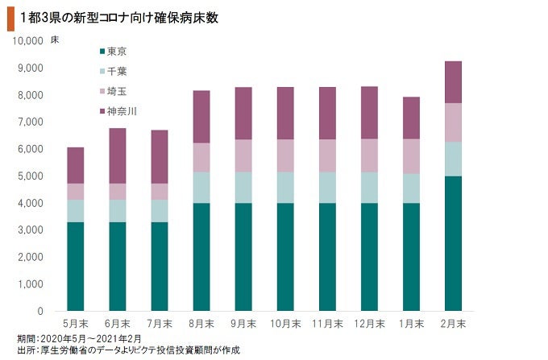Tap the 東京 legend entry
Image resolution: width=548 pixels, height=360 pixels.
(x=117, y=51)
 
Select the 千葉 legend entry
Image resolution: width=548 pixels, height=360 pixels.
(x=117, y=71)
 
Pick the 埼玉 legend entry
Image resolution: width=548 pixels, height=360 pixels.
(x=117, y=91)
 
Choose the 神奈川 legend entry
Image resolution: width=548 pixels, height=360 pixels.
(x=122, y=111)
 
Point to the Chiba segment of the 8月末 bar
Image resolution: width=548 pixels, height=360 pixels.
(x=201, y=187)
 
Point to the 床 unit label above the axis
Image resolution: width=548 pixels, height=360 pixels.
(x=54, y=39)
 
